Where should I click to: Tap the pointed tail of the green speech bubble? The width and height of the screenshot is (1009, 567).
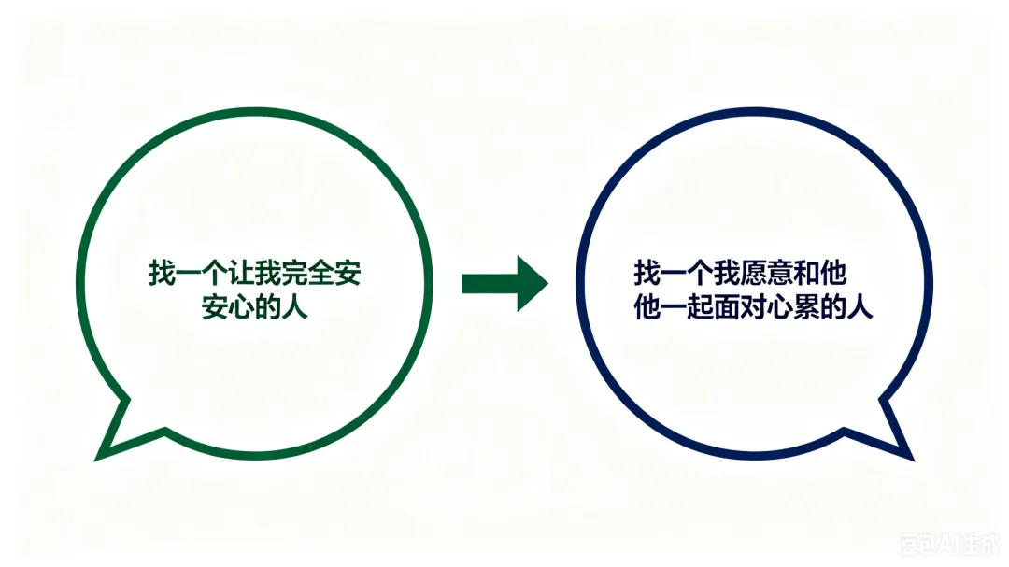106,451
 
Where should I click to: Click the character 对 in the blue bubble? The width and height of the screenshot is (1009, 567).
752,307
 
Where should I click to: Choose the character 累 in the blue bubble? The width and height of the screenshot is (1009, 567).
805,307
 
